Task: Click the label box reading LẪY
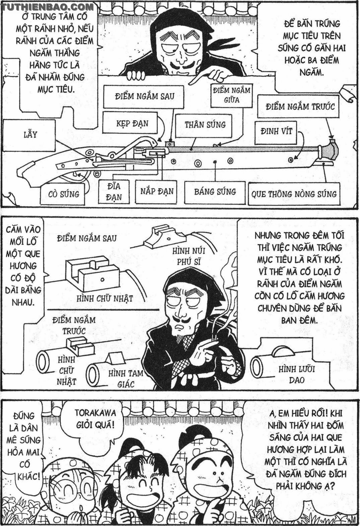30,135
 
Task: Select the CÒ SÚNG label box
64,194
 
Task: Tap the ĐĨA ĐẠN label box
114,191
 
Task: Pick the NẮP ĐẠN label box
157,191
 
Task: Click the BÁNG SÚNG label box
215,192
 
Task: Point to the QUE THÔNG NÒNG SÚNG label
294,194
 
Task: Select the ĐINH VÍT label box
276,131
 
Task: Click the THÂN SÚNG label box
205,125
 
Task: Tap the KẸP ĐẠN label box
132,123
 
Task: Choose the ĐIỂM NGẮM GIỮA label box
231,95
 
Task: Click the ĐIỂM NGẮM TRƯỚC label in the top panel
300,107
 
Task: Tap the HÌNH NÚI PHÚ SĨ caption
189,256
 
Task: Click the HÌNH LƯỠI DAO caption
297,375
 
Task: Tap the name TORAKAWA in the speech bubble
95,413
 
